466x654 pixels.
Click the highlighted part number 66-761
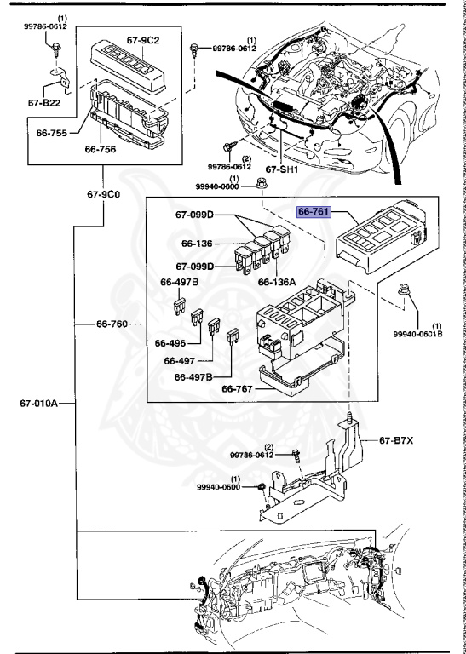coord(314,212)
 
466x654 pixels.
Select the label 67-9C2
coord(143,41)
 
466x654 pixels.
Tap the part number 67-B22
coord(44,102)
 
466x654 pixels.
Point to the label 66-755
coord(52,133)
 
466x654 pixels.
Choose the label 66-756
coord(101,149)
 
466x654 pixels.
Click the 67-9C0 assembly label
coord(103,194)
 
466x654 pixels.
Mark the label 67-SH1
coord(282,169)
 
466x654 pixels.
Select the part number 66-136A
coord(277,282)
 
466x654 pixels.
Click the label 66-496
coord(170,343)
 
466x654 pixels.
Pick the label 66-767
coord(237,388)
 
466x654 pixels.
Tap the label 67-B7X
coord(396,440)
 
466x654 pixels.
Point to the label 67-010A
coord(39,404)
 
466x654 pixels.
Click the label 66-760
coord(112,324)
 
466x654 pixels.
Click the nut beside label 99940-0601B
coord(404,289)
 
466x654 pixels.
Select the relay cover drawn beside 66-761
coord(381,237)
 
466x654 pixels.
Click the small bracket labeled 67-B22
coord(60,77)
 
